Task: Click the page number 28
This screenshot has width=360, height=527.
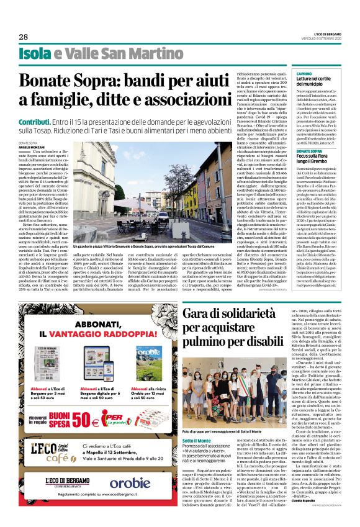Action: click(x=24, y=37)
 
